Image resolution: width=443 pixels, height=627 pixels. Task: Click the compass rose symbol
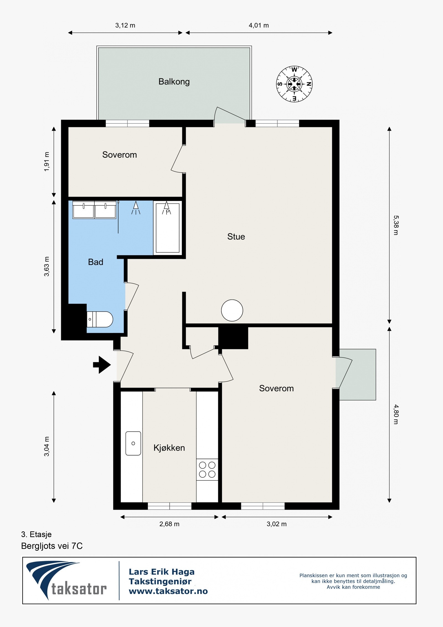click(294, 84)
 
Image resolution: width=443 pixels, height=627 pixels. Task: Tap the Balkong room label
click(174, 82)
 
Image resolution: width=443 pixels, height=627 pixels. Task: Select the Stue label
click(236, 237)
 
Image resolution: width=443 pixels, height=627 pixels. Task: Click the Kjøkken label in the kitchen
click(169, 448)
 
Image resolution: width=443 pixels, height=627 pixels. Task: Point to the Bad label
click(96, 262)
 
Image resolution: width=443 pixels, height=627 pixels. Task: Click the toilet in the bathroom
click(100, 319)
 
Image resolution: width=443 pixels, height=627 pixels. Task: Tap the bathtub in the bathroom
click(168, 228)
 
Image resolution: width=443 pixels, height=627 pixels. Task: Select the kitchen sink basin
click(133, 443)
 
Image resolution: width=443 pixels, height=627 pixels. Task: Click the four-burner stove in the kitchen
click(207, 470)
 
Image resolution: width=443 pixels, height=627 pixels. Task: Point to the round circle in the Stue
click(232, 310)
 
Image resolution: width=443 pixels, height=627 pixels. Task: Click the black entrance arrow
click(102, 365)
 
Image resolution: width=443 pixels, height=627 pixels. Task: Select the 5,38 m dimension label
click(396, 225)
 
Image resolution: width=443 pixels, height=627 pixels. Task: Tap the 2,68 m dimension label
click(169, 524)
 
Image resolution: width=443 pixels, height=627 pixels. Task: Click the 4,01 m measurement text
click(259, 25)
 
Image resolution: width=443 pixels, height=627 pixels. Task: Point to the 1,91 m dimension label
click(47, 162)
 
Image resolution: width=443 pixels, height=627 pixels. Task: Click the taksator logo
click(66, 580)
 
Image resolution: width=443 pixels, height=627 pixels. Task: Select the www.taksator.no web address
click(168, 591)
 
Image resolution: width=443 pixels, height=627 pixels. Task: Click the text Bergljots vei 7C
click(52, 546)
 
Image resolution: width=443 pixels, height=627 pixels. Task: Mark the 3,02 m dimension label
click(277, 524)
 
